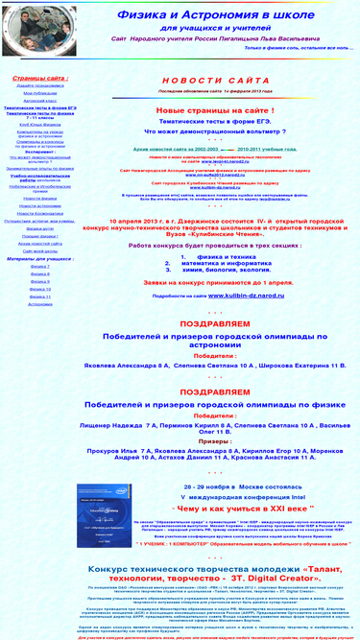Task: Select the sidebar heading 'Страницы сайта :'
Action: tap(39, 77)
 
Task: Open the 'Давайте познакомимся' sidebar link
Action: tap(39, 85)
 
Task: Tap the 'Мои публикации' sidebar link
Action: tap(39, 92)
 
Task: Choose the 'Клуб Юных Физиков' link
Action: tap(39, 126)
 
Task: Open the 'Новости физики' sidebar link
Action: tap(39, 198)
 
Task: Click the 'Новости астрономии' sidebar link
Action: tap(39, 205)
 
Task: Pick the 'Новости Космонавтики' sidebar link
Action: tap(39, 212)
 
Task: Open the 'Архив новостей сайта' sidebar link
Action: tap(39, 243)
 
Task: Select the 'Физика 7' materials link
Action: tap(39, 266)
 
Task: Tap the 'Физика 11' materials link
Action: tap(39, 296)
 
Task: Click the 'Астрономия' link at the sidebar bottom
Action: tap(39, 303)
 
